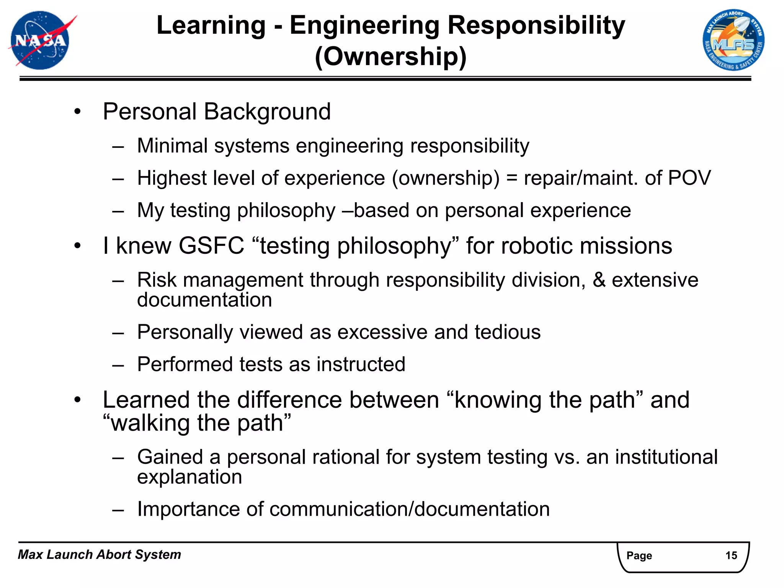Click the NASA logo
pos(40,40)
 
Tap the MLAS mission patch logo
pos(733,40)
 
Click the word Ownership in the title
pos(390,57)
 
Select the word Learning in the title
pos(211,25)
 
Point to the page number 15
pos(731,555)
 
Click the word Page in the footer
pos(639,555)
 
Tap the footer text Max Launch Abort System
pos(100,554)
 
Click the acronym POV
pos(689,178)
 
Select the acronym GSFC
pos(211,245)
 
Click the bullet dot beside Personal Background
pos(78,112)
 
